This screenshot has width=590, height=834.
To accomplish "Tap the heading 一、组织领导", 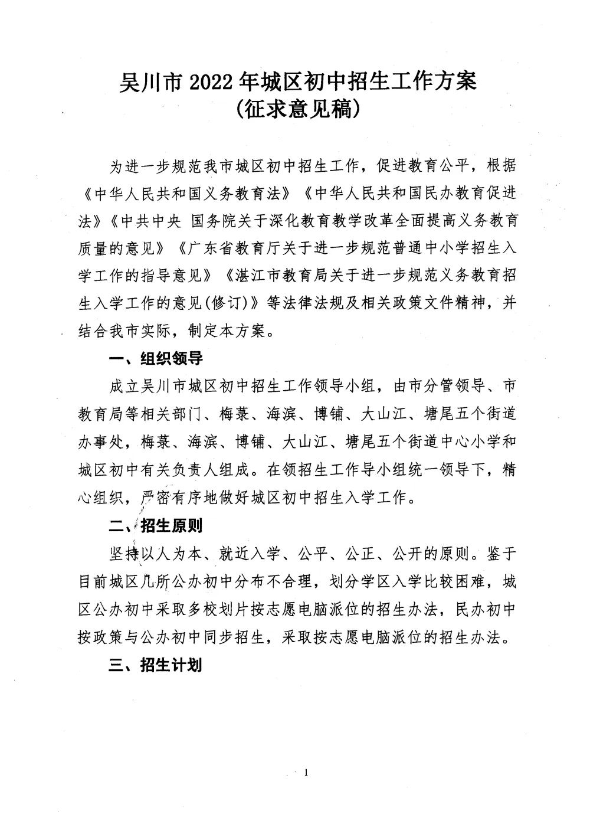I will coord(156,359).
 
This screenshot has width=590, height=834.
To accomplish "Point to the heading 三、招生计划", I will coord(156,665).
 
